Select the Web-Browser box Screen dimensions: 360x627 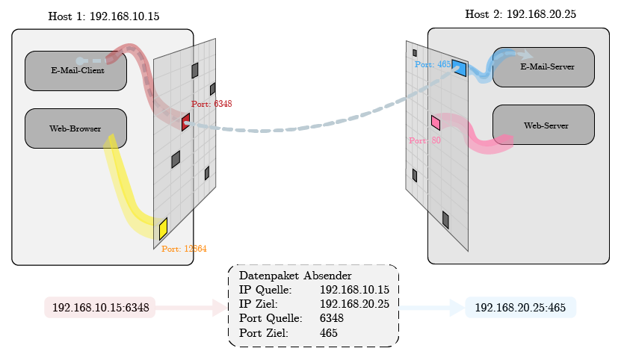(x=75, y=128)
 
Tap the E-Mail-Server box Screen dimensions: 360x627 (x=543, y=67)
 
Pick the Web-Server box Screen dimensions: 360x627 (x=543, y=125)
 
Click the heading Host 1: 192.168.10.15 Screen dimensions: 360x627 (x=103, y=16)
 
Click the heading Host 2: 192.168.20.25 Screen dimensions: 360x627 (x=520, y=14)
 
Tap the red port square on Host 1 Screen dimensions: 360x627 (x=185, y=122)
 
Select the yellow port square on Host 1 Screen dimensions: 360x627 (x=163, y=228)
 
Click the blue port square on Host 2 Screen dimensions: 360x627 (x=459, y=69)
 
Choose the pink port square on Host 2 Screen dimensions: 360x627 (x=436, y=122)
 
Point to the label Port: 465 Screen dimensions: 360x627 (x=433, y=65)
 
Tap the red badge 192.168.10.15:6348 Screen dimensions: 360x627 (x=100, y=308)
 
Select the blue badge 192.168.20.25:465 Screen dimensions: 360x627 (x=520, y=308)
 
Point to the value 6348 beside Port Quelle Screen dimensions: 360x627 (x=331, y=318)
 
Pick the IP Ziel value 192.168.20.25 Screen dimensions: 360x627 (x=354, y=304)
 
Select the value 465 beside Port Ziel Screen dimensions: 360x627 (x=328, y=332)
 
